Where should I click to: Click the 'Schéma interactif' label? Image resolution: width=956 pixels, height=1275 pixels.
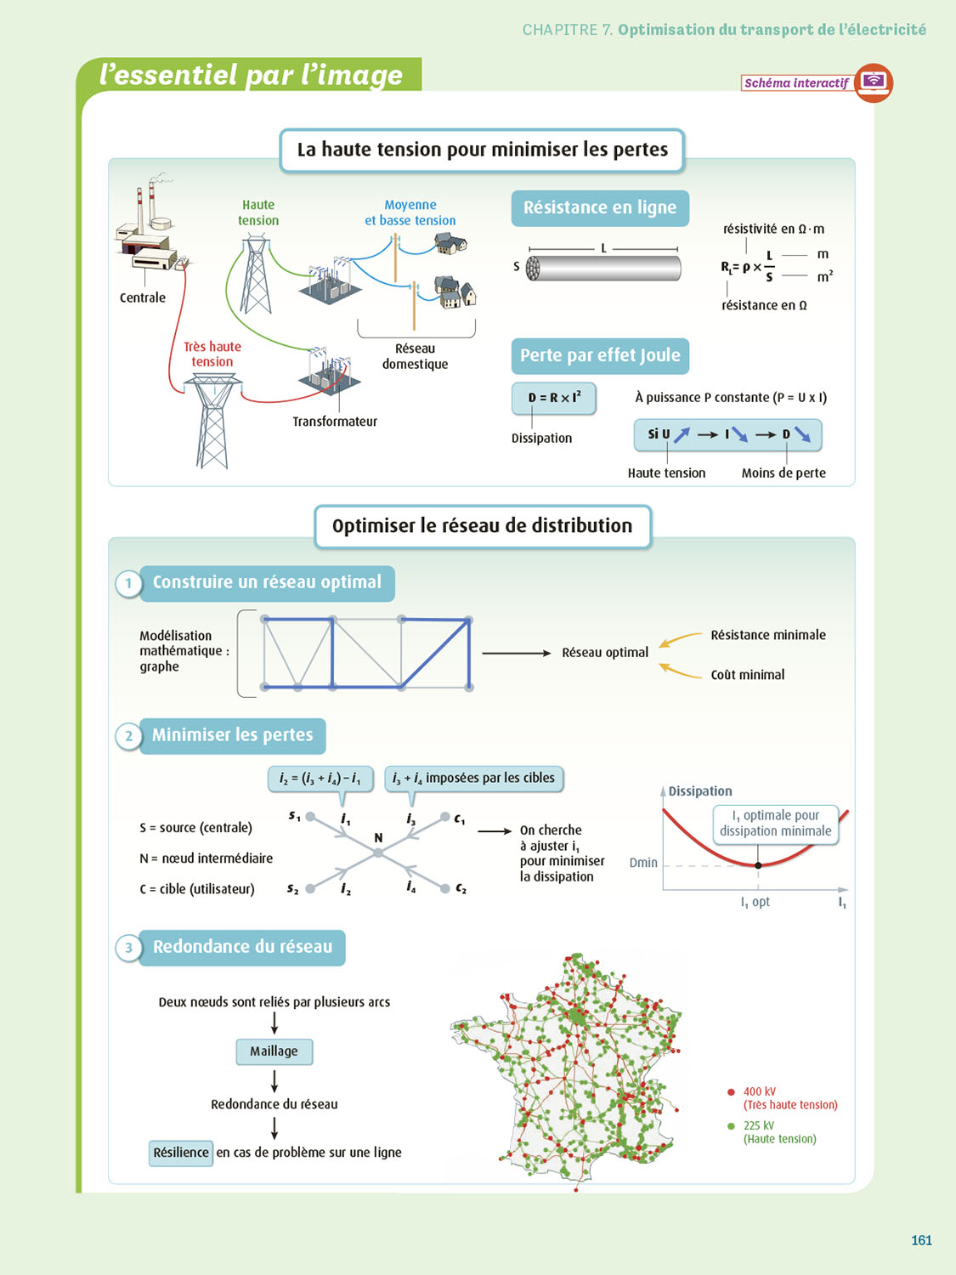pos(796,82)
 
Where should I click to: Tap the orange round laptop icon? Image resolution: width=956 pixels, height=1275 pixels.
pos(874,82)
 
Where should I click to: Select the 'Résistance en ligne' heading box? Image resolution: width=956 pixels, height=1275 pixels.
pos(600,207)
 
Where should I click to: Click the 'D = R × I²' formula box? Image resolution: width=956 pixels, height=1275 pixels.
pos(554,398)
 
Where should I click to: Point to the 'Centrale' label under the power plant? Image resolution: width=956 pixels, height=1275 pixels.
pos(143,297)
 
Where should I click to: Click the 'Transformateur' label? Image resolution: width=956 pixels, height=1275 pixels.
pos(335,422)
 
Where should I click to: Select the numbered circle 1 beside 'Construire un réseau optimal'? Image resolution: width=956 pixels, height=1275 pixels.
pos(128,584)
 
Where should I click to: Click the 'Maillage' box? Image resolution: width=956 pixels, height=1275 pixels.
pos(274,1051)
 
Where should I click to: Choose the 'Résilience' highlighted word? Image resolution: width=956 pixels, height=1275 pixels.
pos(181,1153)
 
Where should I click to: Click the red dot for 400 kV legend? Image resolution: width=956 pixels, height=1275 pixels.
pos(731,1092)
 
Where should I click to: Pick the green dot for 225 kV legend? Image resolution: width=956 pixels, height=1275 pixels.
pos(731,1126)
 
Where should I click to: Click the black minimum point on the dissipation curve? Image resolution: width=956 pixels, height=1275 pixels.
pos(758,865)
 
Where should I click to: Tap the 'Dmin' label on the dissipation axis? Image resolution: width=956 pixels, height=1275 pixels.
pos(643,863)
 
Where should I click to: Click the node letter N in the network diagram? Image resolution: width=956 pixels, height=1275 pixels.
pos(378,838)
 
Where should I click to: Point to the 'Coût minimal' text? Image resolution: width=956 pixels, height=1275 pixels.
pos(748,675)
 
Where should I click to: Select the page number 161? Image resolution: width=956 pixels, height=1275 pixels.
pos(921,1240)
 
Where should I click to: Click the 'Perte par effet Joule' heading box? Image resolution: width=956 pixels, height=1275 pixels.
pos(600,355)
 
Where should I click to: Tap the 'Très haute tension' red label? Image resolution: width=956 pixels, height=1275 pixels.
pos(212,354)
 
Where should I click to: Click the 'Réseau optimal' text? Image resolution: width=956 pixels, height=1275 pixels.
pos(605,653)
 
